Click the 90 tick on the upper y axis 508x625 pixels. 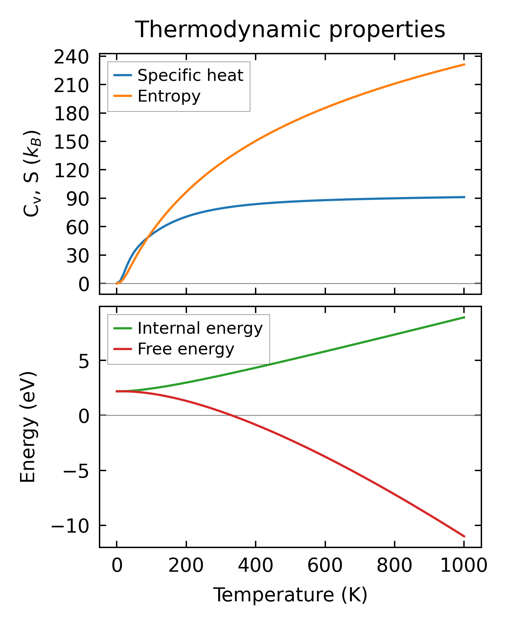[78, 198]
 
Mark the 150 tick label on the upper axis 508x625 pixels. [71, 142]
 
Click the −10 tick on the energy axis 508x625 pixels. [70, 525]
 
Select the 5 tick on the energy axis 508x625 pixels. [84, 361]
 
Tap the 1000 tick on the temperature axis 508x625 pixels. [463, 565]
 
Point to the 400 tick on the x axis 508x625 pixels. [255, 565]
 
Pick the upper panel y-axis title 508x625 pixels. [32, 173]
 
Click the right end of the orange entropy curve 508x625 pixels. [465, 64]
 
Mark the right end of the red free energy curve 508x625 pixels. [465, 537]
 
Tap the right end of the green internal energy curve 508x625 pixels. [465, 317]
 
